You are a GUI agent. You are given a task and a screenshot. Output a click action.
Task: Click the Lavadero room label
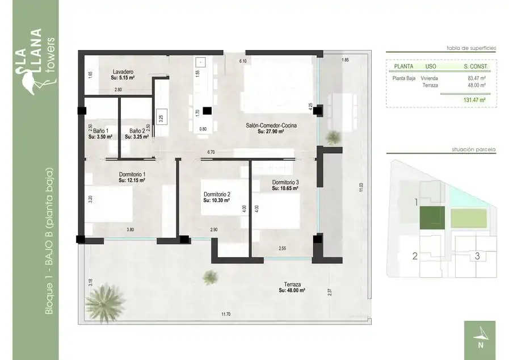(x=123, y=72)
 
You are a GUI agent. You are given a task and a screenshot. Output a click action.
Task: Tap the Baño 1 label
(x=100, y=131)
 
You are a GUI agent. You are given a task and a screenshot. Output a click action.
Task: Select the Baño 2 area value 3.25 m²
(x=137, y=137)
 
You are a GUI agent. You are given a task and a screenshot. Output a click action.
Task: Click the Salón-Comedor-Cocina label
(x=271, y=125)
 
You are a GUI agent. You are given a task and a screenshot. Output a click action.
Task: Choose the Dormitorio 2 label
(x=217, y=195)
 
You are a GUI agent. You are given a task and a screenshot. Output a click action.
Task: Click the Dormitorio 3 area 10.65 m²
(x=285, y=189)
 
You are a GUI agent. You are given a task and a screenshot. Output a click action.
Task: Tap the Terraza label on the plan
(x=292, y=284)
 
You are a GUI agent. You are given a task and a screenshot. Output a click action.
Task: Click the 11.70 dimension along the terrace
(x=226, y=314)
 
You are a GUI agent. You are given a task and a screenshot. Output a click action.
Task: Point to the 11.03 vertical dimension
(x=361, y=187)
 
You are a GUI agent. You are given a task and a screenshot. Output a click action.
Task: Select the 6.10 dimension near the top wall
(x=243, y=61)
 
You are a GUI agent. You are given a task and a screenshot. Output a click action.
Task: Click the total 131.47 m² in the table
(x=474, y=100)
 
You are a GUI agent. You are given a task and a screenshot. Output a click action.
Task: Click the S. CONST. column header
(x=476, y=66)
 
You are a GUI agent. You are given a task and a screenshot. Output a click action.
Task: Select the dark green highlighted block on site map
(x=432, y=217)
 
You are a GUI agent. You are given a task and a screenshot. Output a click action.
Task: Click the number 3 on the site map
(x=477, y=256)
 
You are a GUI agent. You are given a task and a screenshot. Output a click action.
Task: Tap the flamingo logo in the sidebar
(x=30, y=80)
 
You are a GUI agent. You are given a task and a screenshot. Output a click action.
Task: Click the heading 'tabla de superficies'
(x=472, y=48)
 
